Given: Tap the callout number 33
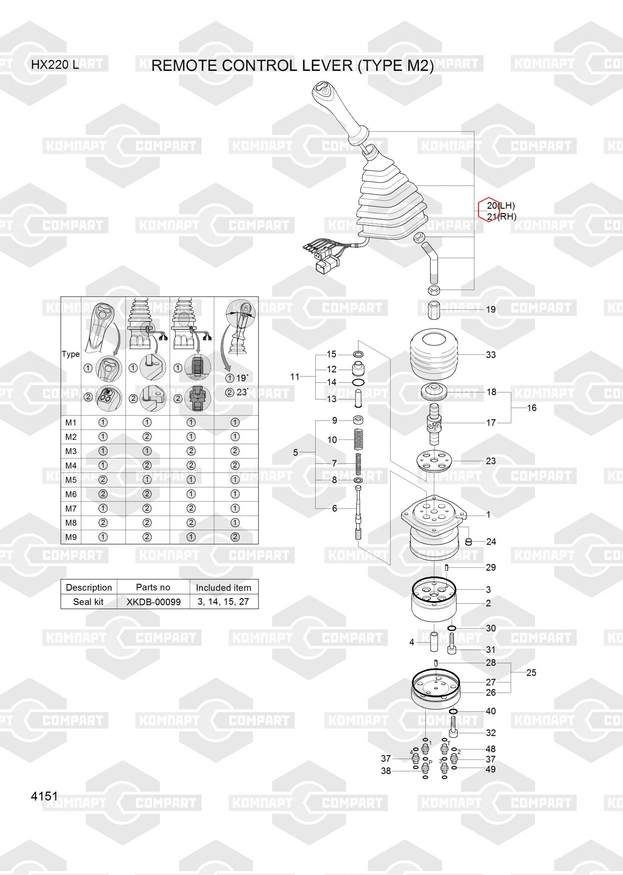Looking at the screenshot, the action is pos(491,355).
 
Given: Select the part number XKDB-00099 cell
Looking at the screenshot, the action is pos(153,602).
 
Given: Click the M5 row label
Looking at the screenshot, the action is pos(71,480).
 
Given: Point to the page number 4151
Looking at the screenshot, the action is pos(45,796).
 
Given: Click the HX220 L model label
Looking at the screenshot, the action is pos(55,65).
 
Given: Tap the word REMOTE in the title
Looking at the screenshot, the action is pos(184,66).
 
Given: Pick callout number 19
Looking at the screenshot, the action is pos(491,310).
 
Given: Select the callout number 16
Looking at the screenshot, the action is pos(531,408).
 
